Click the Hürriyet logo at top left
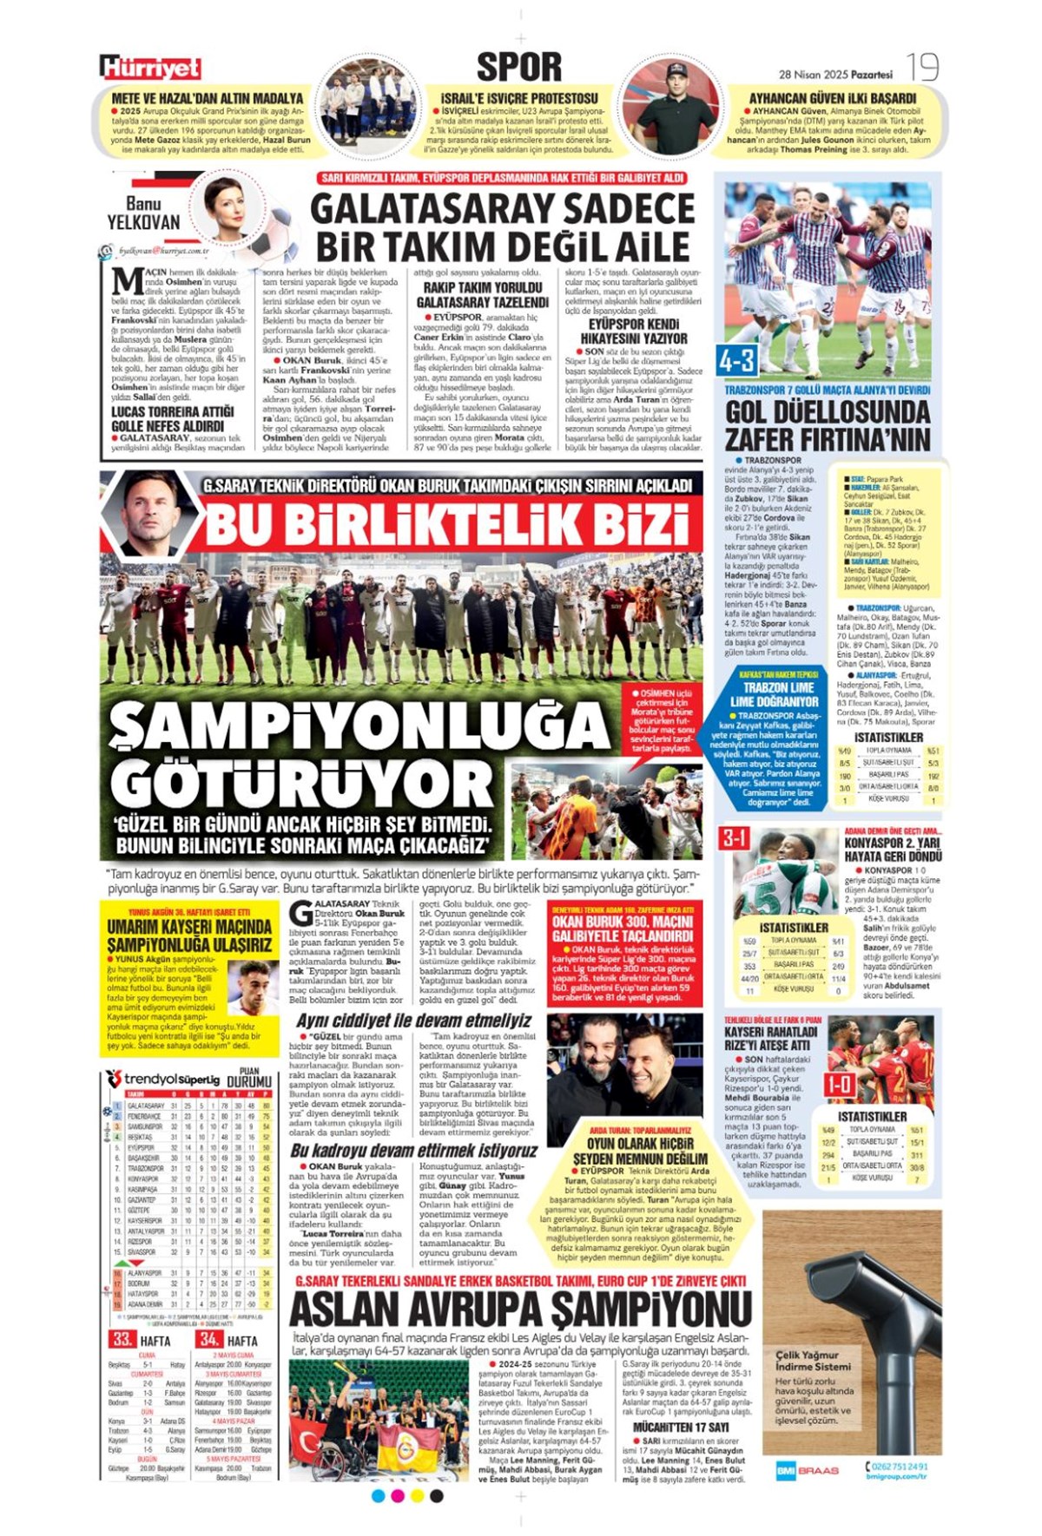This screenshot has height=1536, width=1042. pos(149,68)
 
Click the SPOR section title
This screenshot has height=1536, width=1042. pos(519,67)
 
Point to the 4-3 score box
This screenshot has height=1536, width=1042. pos(736,359)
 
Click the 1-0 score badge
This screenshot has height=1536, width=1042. pos(839,1084)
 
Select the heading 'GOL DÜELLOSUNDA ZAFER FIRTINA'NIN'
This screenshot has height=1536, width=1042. pos(828,425)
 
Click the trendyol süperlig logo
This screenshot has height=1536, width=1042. pos(162,1079)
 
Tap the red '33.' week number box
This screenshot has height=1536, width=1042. pos(122,1339)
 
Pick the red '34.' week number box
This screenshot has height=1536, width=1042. pos(208,1339)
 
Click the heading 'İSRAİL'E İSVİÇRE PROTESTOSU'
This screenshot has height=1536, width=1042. pos(519,98)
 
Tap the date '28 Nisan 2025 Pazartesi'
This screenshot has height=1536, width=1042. pos(835,75)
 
